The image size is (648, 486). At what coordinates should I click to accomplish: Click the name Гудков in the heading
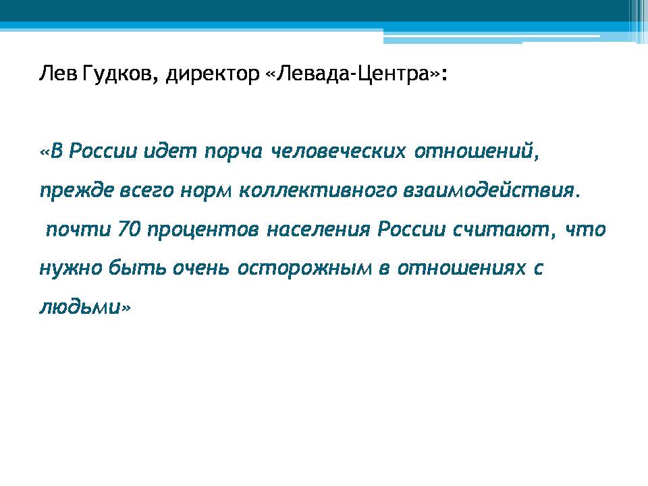click(x=117, y=74)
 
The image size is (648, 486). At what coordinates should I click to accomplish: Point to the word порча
click(x=234, y=152)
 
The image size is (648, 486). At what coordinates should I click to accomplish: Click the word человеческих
click(x=338, y=151)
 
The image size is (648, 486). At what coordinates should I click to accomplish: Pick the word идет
click(x=170, y=151)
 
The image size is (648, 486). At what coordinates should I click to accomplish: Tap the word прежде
click(x=76, y=190)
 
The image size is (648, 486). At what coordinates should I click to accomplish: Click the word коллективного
click(x=318, y=190)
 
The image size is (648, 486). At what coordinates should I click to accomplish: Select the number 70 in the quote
click(x=130, y=230)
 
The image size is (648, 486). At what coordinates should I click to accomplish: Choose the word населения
click(x=318, y=230)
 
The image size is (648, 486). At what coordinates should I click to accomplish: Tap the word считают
click(x=501, y=230)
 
